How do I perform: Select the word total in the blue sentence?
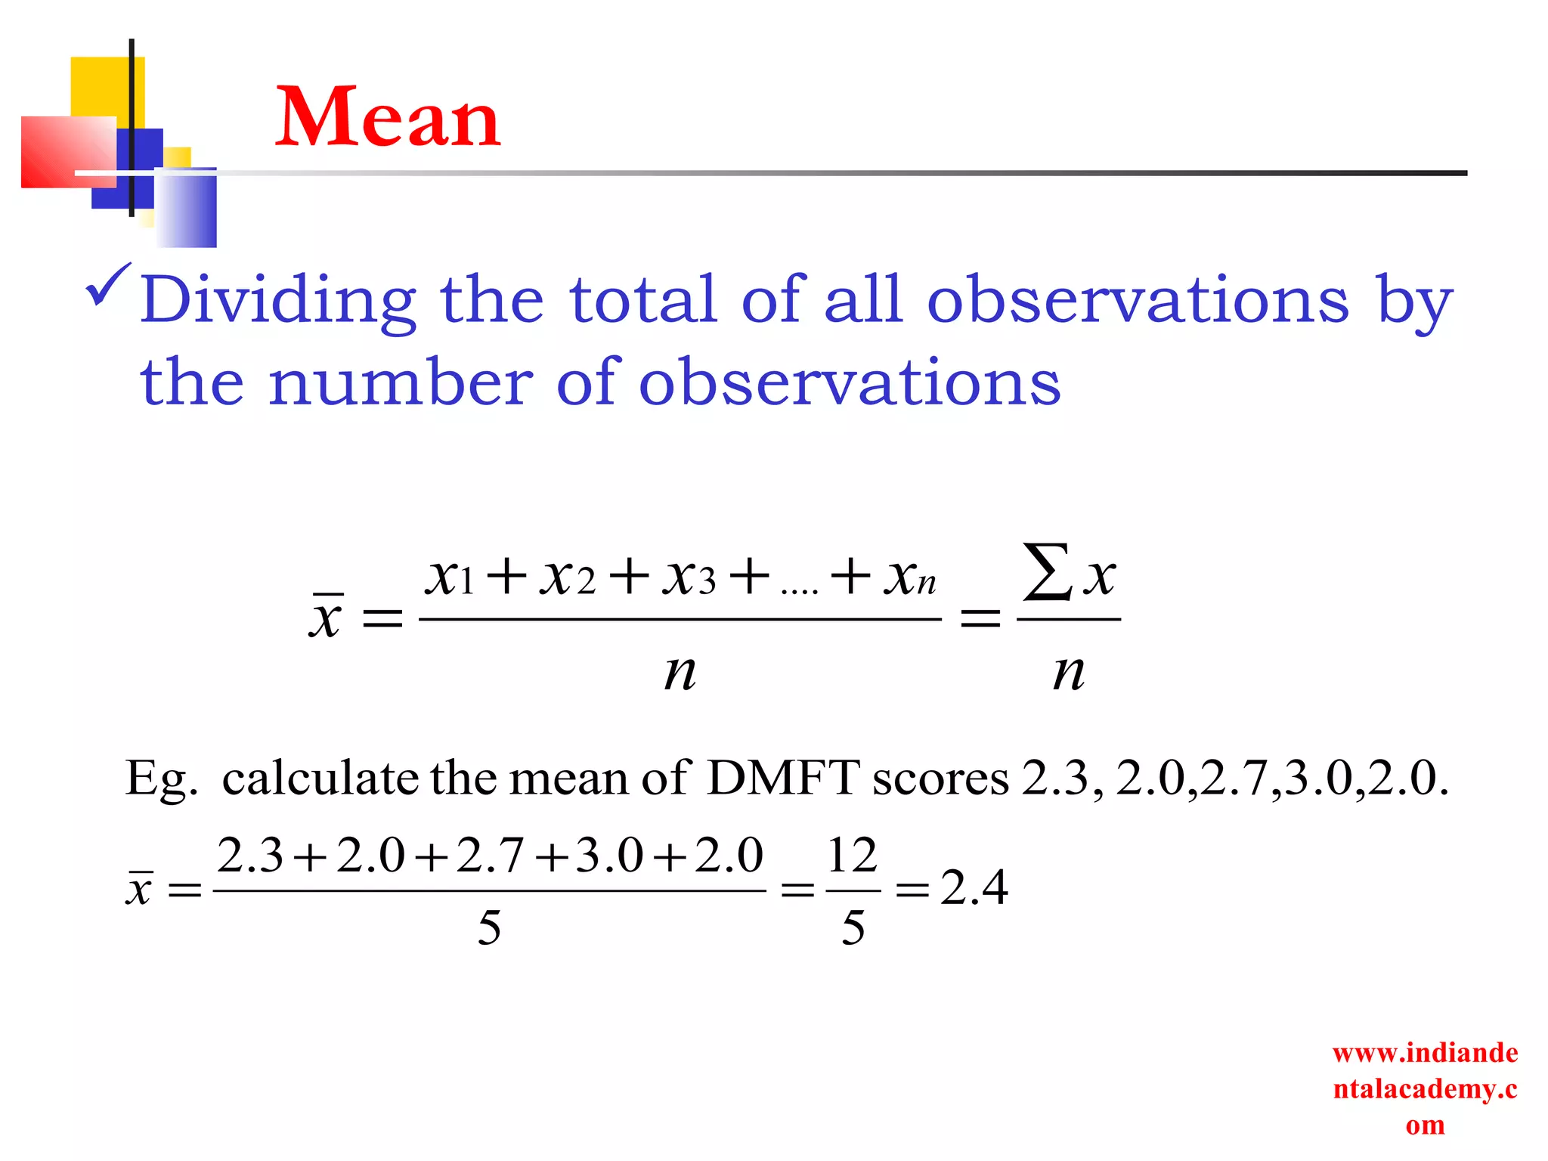tap(642, 299)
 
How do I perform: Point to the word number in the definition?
tap(401, 382)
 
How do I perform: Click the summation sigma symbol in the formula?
tap(1047, 573)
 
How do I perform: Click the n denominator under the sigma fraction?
tap(1069, 672)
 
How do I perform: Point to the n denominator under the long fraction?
tap(680, 672)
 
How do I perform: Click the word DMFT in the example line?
tap(783, 778)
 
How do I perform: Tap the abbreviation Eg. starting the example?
tap(161, 779)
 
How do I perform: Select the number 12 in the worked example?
tap(852, 856)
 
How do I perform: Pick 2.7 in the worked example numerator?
tap(490, 856)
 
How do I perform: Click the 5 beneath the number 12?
tap(853, 927)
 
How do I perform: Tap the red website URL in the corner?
tap(1425, 1088)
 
